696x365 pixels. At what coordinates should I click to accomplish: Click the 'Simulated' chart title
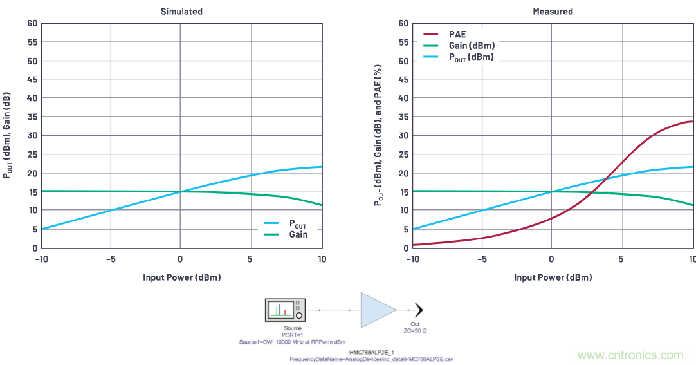(x=181, y=12)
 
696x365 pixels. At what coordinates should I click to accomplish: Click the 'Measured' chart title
(x=553, y=12)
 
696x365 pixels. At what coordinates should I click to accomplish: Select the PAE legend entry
(x=457, y=34)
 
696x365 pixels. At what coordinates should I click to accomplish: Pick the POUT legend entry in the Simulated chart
(x=298, y=223)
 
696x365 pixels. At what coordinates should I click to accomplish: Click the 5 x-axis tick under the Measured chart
(x=621, y=259)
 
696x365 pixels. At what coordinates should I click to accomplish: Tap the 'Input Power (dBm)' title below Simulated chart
(x=182, y=277)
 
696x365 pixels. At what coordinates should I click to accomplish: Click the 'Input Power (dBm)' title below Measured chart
(x=553, y=277)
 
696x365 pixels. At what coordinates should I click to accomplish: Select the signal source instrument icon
(x=285, y=310)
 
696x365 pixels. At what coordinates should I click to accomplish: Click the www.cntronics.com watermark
(x=630, y=355)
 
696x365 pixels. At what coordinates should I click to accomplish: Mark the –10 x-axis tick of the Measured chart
(x=411, y=259)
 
